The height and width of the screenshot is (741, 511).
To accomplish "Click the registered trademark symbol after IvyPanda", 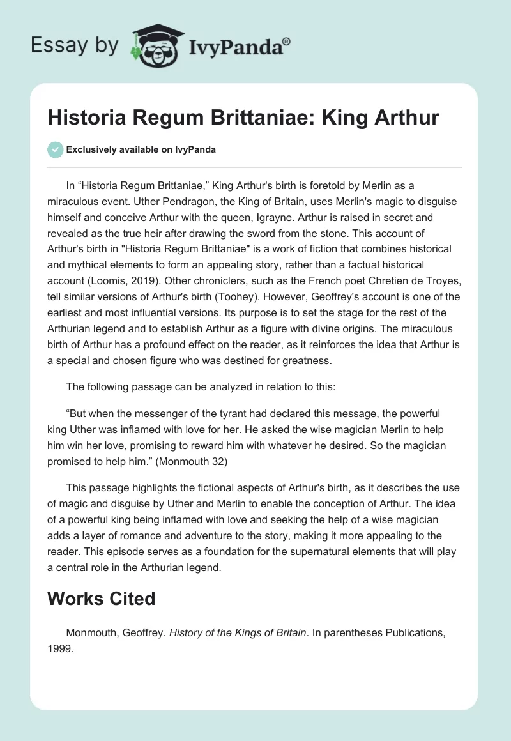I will pyautogui.click(x=287, y=41).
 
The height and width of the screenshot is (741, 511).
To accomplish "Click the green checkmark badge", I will pyautogui.click(x=55, y=149).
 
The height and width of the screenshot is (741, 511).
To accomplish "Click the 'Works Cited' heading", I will pyautogui.click(x=102, y=599).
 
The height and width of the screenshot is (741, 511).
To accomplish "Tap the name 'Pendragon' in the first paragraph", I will pyautogui.click(x=168, y=202).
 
